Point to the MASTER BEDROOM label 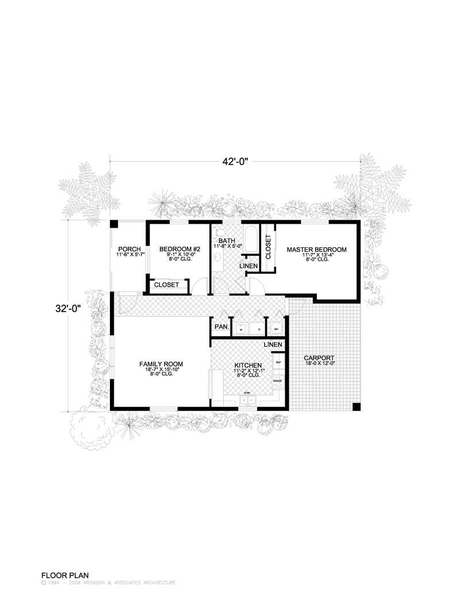click(317, 249)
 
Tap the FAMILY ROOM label click(161, 364)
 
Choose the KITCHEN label click(248, 365)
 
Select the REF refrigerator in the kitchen click(278, 363)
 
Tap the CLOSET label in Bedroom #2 click(167, 285)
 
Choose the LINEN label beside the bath click(248, 266)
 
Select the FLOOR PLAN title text click(63, 574)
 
